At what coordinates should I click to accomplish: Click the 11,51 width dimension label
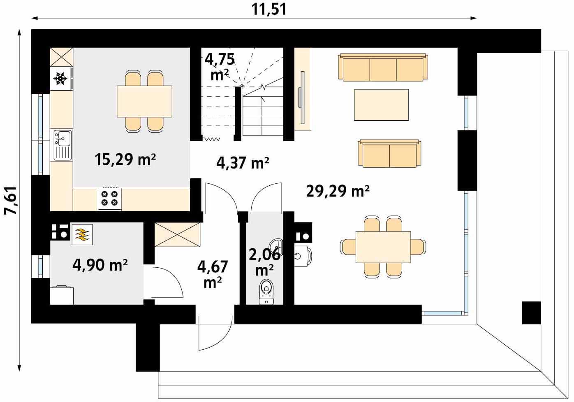269,9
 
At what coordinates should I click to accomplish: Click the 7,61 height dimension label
11,201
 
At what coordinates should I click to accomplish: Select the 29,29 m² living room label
338,191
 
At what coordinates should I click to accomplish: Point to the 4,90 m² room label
100,265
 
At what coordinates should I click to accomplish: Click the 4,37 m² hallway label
243,163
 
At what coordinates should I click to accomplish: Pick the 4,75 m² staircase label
220,66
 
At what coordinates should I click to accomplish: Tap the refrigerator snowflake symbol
60,79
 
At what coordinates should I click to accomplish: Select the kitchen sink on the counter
62,145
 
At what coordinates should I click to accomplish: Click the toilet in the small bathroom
266,292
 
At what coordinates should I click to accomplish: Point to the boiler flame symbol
82,234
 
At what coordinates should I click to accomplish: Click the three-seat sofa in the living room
383,67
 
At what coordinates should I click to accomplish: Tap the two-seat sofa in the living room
389,153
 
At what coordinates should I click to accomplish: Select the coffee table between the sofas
381,105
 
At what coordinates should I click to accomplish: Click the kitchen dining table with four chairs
144,101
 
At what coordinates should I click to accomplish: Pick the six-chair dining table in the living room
383,247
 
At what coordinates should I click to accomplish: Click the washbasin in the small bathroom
276,248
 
